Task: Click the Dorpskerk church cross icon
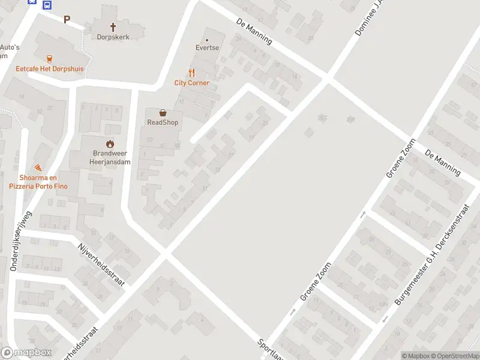(113, 26)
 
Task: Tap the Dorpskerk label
(113, 37)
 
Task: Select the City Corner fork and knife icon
(192, 73)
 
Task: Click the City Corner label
(192, 83)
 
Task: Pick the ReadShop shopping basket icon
(163, 112)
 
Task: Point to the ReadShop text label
(163, 122)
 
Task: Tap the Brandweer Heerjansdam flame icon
(109, 143)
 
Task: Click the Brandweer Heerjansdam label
(109, 158)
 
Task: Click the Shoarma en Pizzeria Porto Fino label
(38, 182)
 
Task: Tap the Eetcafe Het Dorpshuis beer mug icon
(49, 58)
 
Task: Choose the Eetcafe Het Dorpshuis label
(49, 69)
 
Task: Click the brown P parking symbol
(67, 19)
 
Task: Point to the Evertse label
(207, 47)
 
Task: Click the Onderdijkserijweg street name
(20, 241)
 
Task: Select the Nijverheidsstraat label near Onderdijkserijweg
(101, 265)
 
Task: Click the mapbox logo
(26, 353)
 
